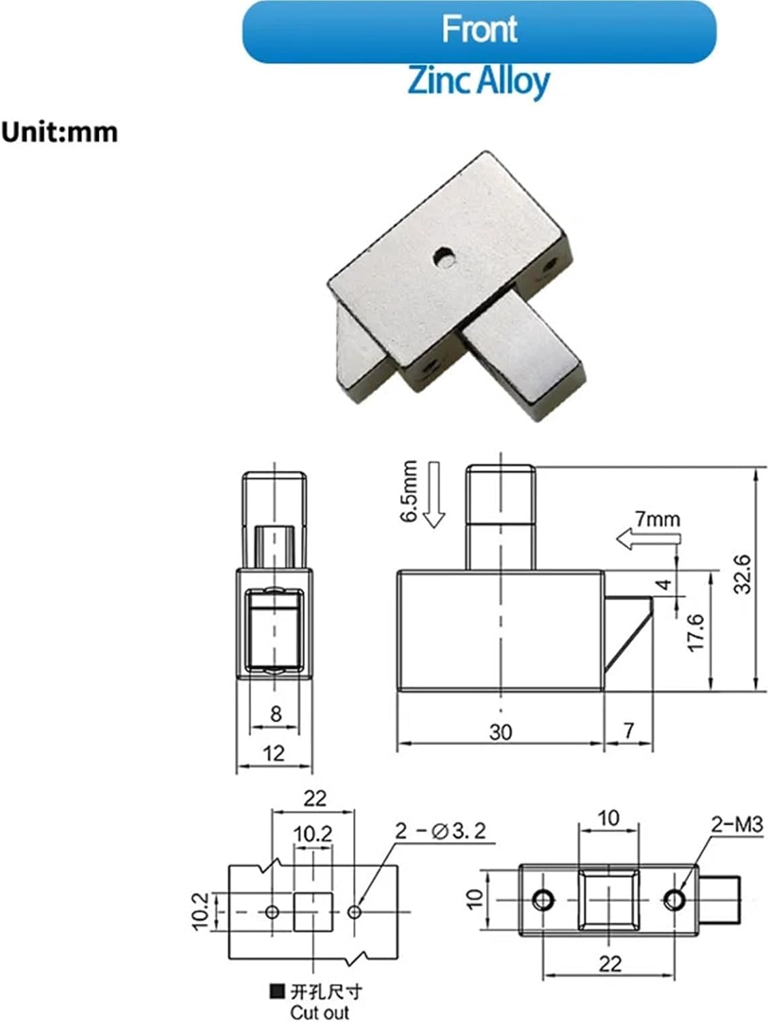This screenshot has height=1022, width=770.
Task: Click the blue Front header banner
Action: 479,32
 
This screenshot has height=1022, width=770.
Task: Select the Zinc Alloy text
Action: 478,81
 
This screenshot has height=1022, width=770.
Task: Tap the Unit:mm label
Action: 59,131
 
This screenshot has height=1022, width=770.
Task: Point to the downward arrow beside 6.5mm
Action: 433,495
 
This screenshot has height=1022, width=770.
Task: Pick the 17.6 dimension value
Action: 696,632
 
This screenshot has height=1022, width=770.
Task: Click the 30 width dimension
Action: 500,732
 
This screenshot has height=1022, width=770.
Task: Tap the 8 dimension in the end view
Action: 275,713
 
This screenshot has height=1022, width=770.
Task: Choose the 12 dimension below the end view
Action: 273,753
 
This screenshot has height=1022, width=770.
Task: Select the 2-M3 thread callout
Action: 737,825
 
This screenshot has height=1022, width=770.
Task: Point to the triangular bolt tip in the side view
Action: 628,631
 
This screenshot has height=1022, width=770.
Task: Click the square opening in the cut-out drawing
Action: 313,912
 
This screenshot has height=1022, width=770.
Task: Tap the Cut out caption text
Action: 319,1012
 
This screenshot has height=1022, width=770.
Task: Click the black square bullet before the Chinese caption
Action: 277,991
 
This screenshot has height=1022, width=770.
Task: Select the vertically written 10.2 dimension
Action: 201,912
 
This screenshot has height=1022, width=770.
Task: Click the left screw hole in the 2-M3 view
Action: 544,900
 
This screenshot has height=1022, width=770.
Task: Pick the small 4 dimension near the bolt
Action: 664,584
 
